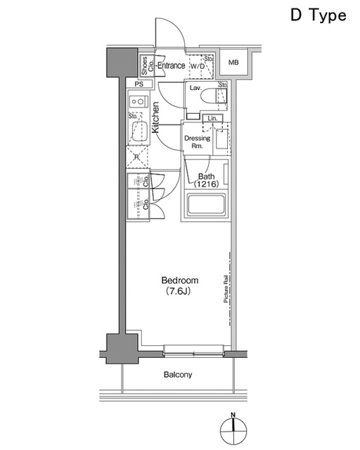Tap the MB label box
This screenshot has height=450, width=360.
[x=233, y=63]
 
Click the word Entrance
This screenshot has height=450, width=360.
[x=171, y=66]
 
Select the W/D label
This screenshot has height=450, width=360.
[x=196, y=67]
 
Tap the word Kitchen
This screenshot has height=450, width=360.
[x=156, y=117]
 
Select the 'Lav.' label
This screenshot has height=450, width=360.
[x=195, y=89]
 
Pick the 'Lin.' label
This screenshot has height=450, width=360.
[x=210, y=118]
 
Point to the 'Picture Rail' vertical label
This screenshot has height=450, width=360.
[x=226, y=288]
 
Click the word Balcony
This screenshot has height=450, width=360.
[x=177, y=375]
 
